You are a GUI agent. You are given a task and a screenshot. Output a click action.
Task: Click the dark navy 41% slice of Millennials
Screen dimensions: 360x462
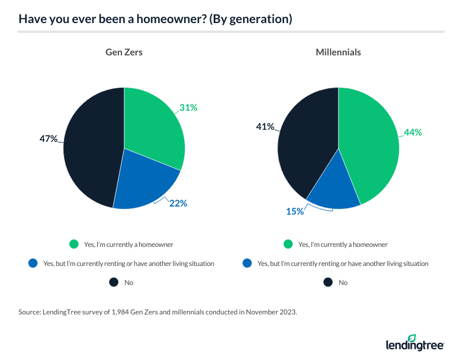[x=306, y=144]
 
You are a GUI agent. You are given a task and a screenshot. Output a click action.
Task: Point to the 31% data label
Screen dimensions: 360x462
[x=189, y=107]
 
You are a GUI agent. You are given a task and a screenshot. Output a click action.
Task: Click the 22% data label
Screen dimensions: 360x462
[x=178, y=203]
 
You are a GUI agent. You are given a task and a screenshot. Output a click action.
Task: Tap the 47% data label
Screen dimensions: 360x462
[x=49, y=138]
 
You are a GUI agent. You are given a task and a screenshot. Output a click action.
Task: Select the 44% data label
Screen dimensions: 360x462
[x=413, y=132]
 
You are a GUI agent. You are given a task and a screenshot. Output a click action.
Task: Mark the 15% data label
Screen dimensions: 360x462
[x=295, y=211]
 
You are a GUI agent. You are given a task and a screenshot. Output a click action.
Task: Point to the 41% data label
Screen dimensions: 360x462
[x=265, y=127]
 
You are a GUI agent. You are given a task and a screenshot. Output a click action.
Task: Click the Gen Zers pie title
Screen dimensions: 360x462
[x=124, y=52]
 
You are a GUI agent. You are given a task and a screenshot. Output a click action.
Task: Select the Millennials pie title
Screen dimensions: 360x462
[x=338, y=52]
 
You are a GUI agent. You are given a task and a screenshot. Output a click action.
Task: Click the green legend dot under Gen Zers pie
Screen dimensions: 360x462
[x=73, y=245]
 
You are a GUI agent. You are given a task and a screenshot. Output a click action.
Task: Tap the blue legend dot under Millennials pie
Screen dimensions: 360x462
[x=246, y=264]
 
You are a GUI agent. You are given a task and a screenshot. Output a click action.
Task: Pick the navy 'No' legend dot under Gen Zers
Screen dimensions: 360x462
[x=113, y=283]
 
